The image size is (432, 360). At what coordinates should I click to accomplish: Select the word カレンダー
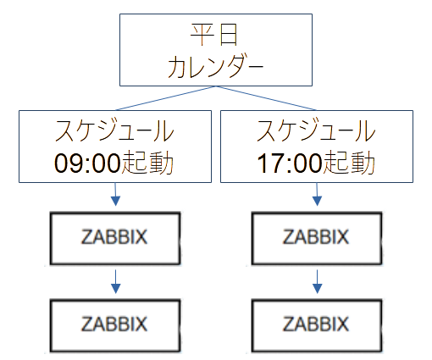(x=215, y=67)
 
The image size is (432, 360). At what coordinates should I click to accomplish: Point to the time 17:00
(x=289, y=162)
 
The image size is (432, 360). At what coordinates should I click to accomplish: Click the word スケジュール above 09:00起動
(x=114, y=131)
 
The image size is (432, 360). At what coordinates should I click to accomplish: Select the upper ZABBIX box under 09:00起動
(x=114, y=237)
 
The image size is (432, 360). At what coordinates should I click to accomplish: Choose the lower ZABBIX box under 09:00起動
(x=114, y=324)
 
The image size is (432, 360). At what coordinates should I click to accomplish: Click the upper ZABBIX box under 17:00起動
(x=316, y=237)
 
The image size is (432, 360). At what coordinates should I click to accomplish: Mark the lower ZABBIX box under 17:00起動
(x=316, y=324)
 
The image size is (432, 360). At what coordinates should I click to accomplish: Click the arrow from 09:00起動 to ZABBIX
(x=114, y=196)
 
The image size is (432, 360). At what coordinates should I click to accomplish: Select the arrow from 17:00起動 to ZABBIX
(x=316, y=196)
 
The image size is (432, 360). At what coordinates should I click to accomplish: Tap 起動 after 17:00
(x=347, y=162)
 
